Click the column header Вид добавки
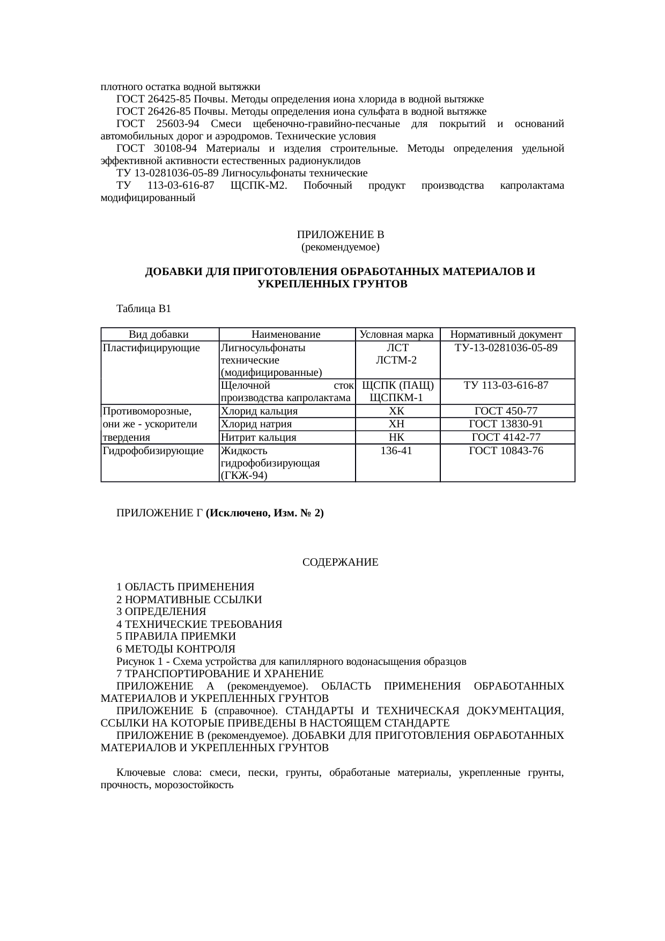[x=159, y=335]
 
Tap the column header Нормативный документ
[x=506, y=335]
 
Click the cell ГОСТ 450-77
[x=506, y=411]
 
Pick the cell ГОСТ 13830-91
[x=506, y=424]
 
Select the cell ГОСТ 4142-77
[x=506, y=437]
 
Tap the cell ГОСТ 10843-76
[x=506, y=451]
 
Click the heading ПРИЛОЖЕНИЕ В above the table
[x=341, y=235]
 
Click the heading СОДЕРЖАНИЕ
[x=341, y=562]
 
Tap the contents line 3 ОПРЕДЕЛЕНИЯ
[x=161, y=612]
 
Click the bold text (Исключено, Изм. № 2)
[x=265, y=513]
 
